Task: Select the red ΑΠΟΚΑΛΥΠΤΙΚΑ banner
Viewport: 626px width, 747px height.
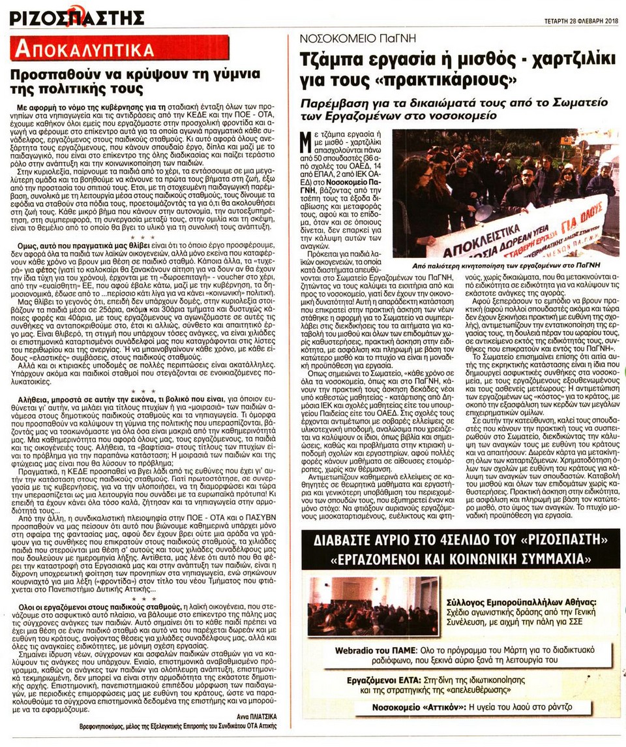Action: [x=121, y=48]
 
